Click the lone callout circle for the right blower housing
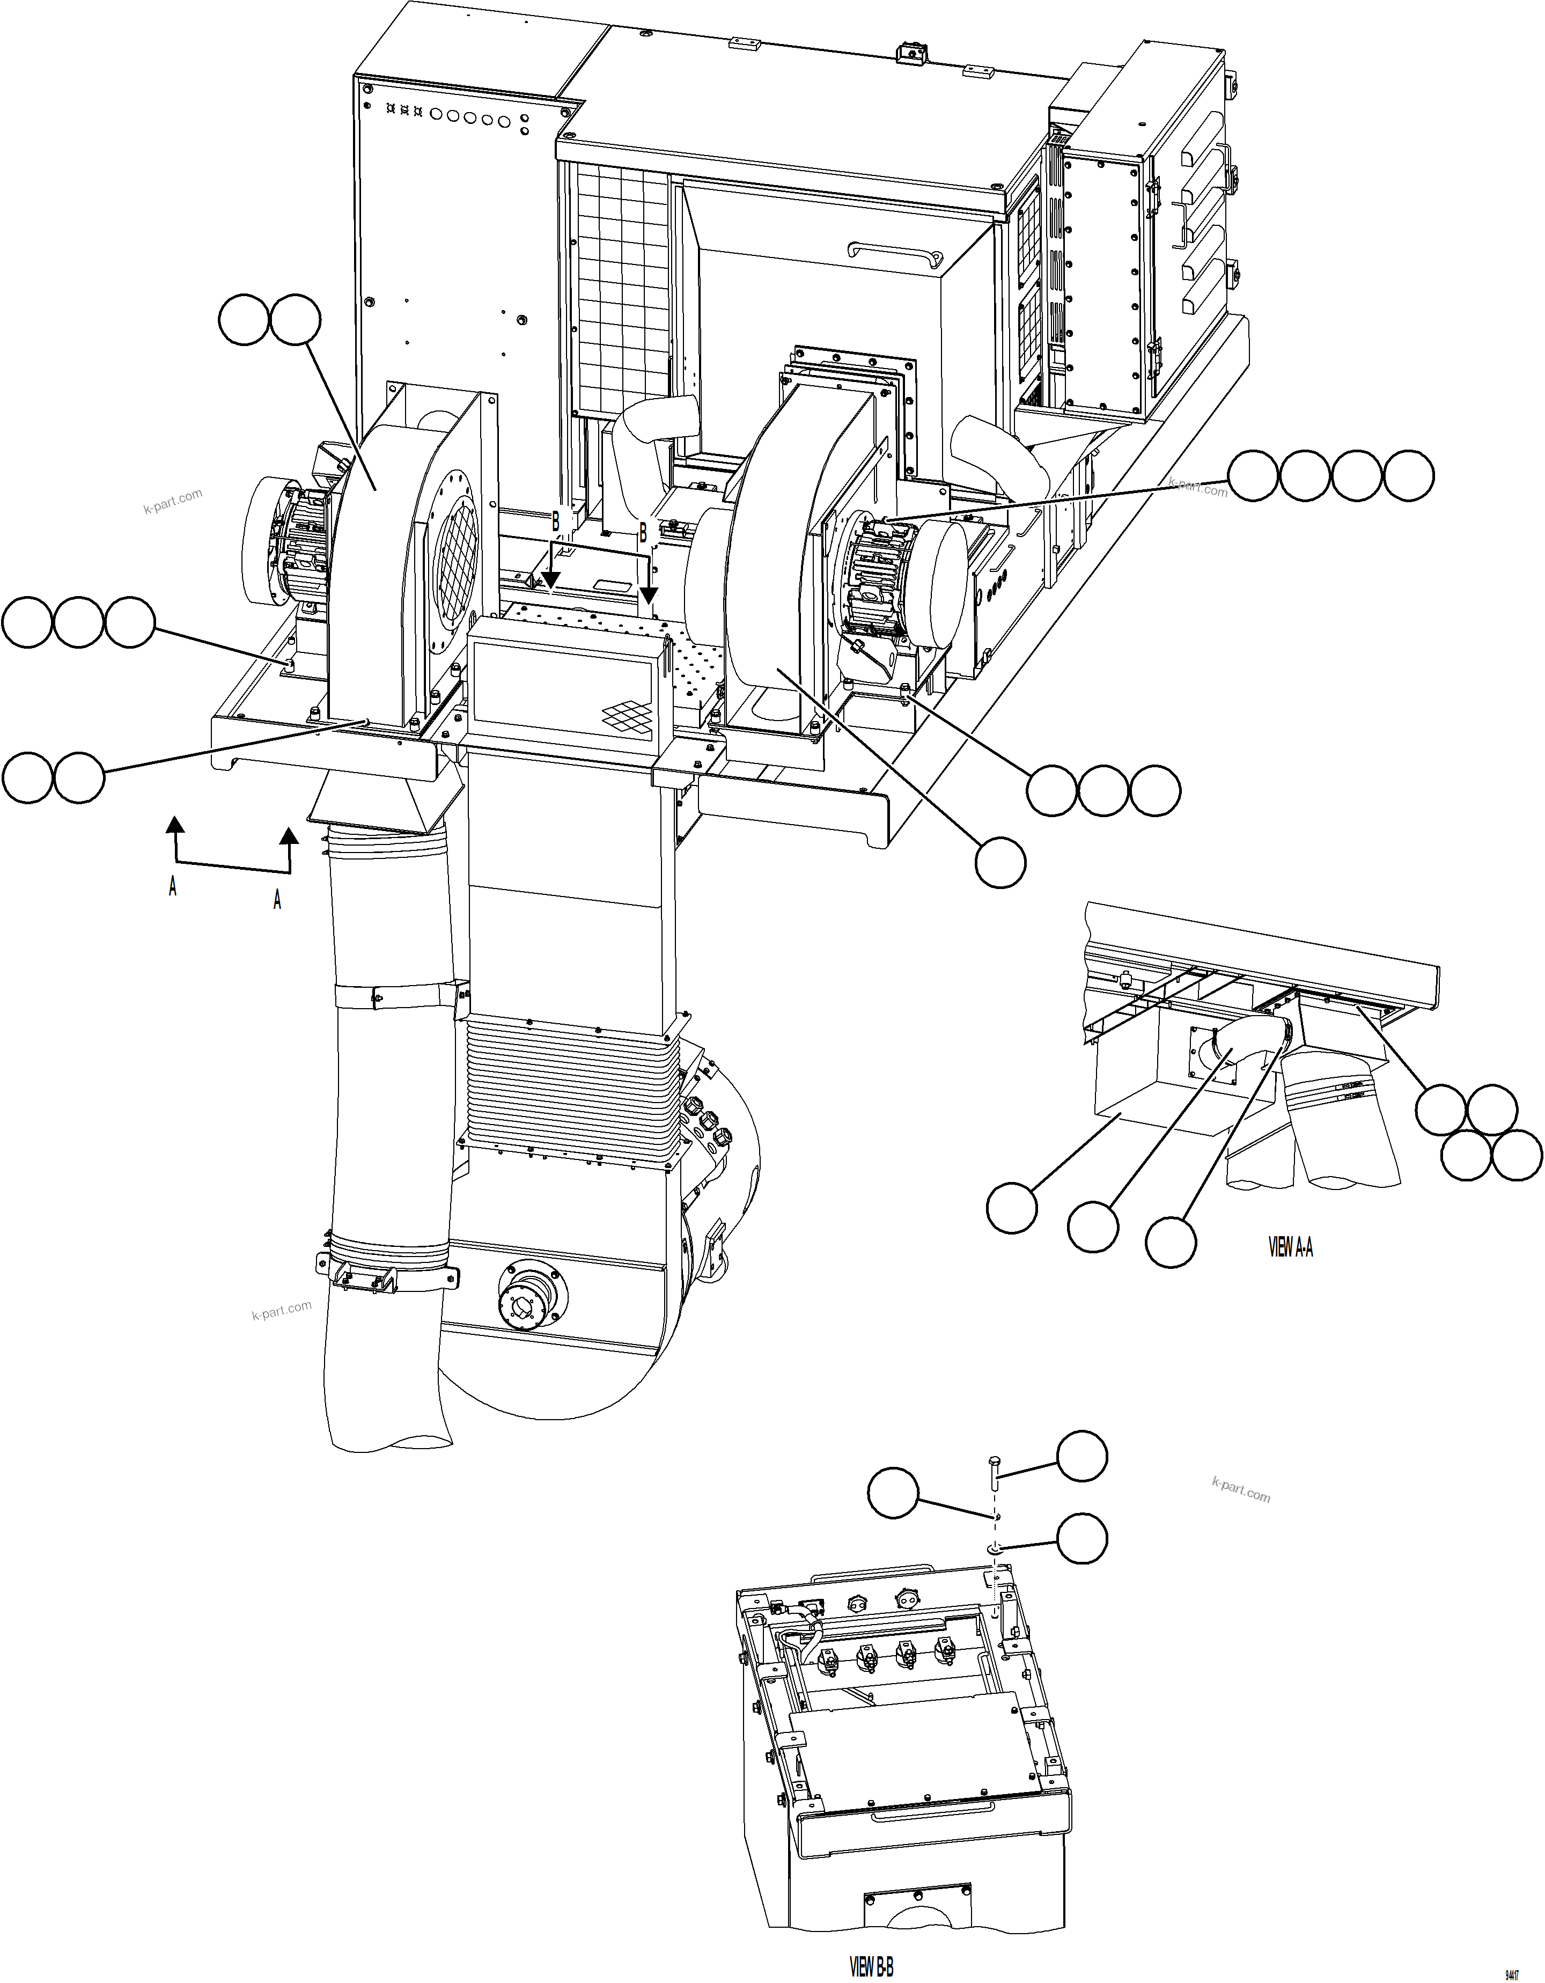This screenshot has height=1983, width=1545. coord(1001,862)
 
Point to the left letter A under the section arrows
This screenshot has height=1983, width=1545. coord(173,886)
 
